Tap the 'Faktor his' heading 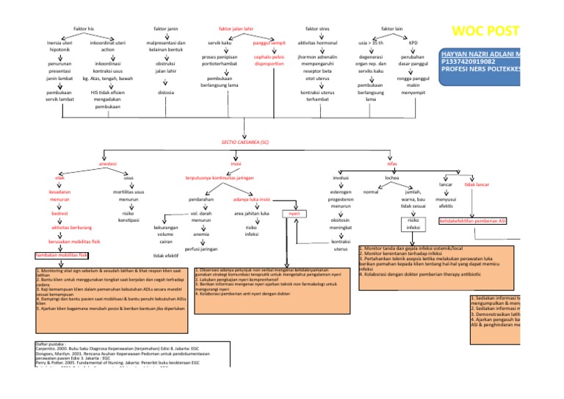(84, 28)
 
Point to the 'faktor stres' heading (317, 28)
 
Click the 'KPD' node (413, 43)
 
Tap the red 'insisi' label (246, 163)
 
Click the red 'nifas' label (391, 163)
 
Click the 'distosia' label (166, 93)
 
